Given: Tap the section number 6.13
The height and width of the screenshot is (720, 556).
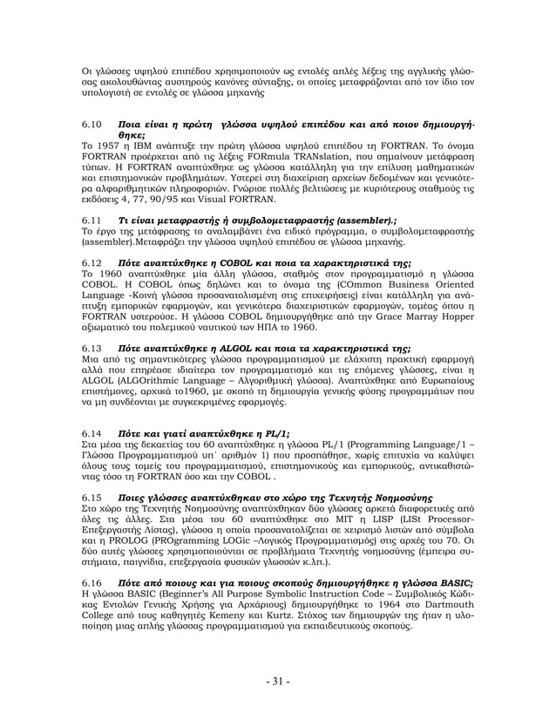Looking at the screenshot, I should click(x=91, y=345).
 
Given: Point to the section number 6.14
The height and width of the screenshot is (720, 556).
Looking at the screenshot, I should click(x=91, y=432).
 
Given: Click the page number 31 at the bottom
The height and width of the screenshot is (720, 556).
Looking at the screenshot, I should click(x=277, y=681).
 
